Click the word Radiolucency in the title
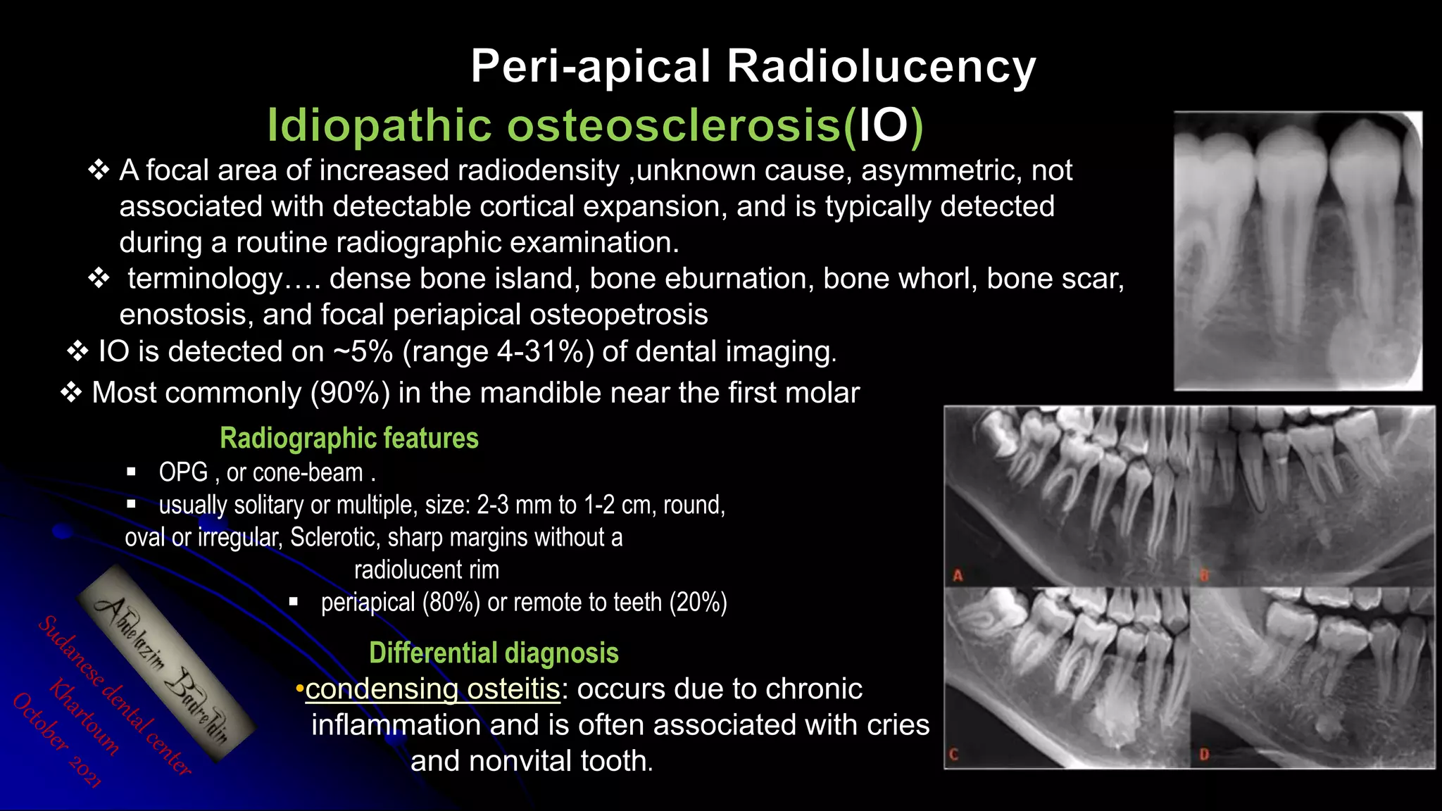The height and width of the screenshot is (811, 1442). (x=881, y=67)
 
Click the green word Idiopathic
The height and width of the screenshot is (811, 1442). (x=380, y=125)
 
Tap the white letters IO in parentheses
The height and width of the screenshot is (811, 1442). (x=884, y=125)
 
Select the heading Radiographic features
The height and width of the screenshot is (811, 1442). (x=349, y=438)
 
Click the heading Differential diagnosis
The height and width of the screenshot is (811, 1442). (x=494, y=653)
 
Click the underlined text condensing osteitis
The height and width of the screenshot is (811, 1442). (x=432, y=689)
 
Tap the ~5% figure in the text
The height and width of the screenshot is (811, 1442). (x=363, y=351)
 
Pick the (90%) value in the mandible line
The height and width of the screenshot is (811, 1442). (x=350, y=393)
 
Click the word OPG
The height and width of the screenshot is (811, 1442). (x=183, y=472)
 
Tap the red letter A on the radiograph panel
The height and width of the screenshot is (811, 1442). (x=958, y=576)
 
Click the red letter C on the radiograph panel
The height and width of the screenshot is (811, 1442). (x=954, y=755)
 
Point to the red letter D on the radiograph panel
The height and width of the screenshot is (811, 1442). (x=1204, y=755)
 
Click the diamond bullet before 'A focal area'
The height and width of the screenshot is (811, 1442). (x=99, y=170)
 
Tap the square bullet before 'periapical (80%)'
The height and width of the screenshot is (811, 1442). (x=294, y=602)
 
